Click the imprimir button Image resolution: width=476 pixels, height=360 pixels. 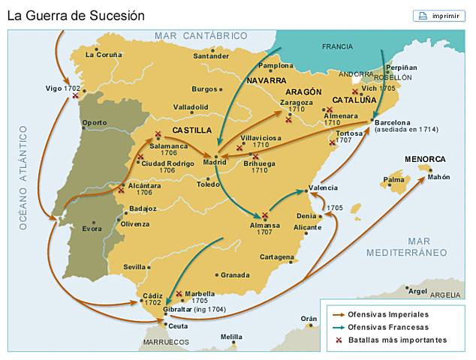(x=435, y=16)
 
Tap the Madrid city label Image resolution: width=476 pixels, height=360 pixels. (x=215, y=161)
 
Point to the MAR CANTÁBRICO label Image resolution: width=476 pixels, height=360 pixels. (x=200, y=35)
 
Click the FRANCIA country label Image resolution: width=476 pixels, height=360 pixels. (x=337, y=46)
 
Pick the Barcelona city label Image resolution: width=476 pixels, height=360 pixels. (x=393, y=123)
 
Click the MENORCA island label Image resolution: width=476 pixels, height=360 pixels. (x=425, y=159)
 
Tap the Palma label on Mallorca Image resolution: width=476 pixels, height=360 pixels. (x=393, y=180)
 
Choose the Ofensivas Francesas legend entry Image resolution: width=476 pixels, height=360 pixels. (x=388, y=327)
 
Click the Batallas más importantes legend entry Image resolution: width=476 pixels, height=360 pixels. (x=397, y=340)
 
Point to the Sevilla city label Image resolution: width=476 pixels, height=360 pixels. (x=135, y=266)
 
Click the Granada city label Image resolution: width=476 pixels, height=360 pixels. (x=234, y=274)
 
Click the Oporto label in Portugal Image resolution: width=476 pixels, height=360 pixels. (x=95, y=122)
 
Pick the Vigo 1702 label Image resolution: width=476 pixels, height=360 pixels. (x=63, y=88)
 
